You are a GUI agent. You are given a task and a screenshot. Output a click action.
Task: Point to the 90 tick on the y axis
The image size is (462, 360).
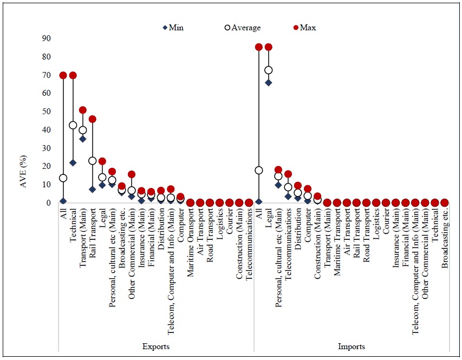pyautogui.click(x=46, y=38)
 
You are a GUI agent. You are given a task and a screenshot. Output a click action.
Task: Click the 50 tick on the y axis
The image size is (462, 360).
pyautogui.click(x=46, y=112)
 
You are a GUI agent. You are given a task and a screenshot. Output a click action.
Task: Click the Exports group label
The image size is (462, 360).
pyautogui.click(x=156, y=346)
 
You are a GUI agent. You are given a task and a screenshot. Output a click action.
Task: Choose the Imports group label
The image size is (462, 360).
pyautogui.click(x=351, y=346)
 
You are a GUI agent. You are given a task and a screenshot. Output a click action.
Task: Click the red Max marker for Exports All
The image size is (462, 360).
pyautogui.click(x=63, y=75)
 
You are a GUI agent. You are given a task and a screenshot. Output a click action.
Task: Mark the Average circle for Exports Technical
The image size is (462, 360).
pyautogui.click(x=73, y=125)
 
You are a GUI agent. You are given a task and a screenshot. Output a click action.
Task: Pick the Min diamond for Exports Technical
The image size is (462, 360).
pyautogui.click(x=73, y=162)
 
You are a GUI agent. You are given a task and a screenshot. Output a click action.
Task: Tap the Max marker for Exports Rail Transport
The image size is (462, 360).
pyautogui.click(x=92, y=119)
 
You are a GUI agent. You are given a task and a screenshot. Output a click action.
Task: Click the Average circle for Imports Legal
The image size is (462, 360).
pyautogui.click(x=268, y=70)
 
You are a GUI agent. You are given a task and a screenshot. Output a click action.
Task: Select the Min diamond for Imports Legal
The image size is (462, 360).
pyautogui.click(x=268, y=82)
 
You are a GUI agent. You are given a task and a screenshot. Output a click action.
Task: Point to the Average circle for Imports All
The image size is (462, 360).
pyautogui.click(x=258, y=170)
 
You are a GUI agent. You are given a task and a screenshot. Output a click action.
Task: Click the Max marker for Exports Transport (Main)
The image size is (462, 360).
pyautogui.click(x=82, y=110)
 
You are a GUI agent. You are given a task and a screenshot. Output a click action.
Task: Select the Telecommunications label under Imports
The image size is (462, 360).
pyautogui.click(x=288, y=239)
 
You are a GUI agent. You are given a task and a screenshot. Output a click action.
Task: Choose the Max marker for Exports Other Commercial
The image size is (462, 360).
pyautogui.click(x=131, y=174)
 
